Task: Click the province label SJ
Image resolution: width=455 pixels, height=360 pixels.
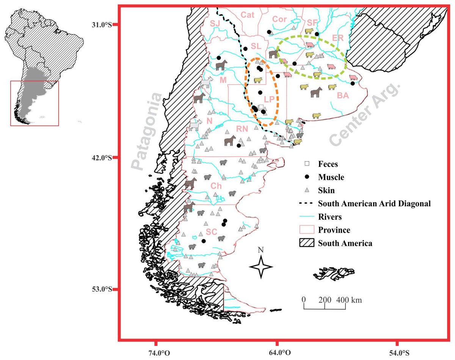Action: [215, 24]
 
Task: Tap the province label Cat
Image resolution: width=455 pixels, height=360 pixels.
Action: [248, 15]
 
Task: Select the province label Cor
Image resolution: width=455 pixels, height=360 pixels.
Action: [279, 19]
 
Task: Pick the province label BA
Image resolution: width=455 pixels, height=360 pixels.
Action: [342, 96]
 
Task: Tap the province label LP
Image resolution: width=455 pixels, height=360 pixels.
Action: [269, 99]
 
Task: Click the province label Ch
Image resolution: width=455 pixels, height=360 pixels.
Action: [216, 186]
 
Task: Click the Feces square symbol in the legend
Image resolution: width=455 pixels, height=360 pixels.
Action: [308, 164]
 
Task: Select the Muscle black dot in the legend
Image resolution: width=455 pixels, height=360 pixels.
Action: [308, 177]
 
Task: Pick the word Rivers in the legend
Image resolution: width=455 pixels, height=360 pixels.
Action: [330, 217]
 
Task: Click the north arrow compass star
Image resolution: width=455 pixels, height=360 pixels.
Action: [260, 267]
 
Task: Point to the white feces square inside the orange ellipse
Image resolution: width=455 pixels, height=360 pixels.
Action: [261, 107]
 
